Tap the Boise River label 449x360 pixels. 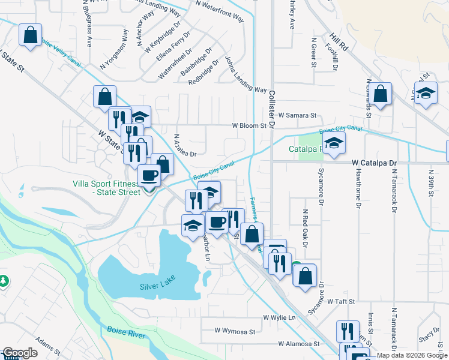[126, 332]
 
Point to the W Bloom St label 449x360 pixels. [249, 126]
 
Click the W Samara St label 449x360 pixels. [297, 115]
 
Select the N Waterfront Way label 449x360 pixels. [220, 10]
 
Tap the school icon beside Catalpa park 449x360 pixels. [334, 143]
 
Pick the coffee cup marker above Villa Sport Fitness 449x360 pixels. [149, 175]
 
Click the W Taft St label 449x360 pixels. [342, 301]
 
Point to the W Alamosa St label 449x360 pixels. [298, 344]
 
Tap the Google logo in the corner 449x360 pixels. [20, 353]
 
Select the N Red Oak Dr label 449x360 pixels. [305, 228]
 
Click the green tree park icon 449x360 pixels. [4, 280]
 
